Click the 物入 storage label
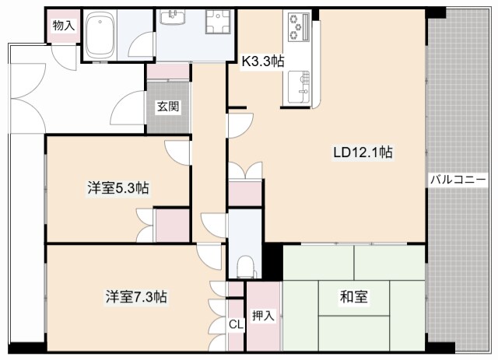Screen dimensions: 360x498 [64, 26]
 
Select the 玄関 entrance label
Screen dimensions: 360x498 [168, 107]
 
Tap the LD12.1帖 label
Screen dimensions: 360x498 [363, 152]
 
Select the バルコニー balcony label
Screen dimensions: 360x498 [458, 180]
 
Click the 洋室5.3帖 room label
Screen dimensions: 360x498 [118, 188]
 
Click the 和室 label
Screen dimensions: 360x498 [353, 296]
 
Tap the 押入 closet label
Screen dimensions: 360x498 [263, 316]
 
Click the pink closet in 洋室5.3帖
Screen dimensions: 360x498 [173, 225]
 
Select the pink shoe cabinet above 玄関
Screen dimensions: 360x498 [168, 72]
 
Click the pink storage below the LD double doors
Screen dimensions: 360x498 [245, 194]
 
